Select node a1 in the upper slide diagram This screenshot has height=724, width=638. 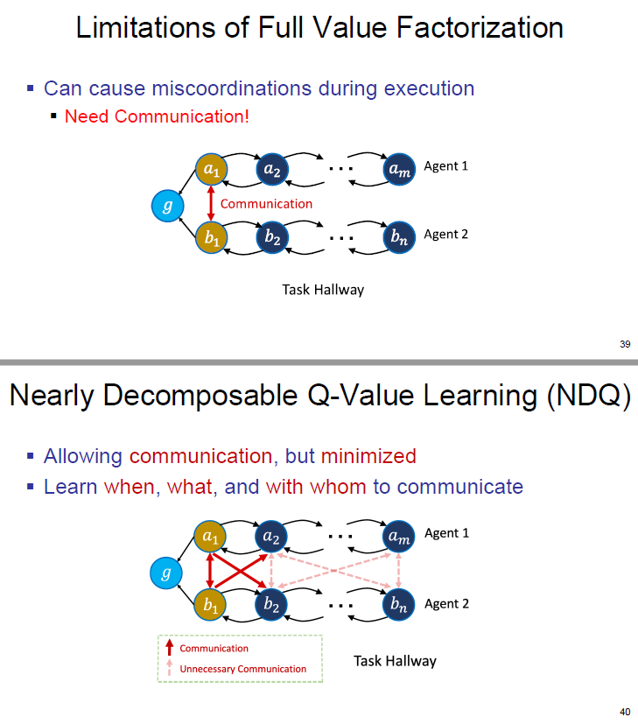210,168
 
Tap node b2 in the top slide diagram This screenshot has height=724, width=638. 271,237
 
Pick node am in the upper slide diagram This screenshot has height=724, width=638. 398,168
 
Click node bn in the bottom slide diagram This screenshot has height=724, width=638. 398,604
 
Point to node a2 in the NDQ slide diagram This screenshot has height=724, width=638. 271,536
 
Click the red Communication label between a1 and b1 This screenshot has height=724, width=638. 266,204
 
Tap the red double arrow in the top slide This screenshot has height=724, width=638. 210,203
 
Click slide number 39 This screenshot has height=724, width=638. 624,344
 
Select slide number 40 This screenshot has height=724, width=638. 624,712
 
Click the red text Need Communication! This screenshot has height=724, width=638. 157,116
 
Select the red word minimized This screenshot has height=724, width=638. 368,456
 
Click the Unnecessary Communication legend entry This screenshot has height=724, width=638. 242,669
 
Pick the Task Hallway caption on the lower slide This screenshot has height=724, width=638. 395,661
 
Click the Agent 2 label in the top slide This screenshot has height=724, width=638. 445,235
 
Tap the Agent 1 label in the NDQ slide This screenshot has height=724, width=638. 446,533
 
